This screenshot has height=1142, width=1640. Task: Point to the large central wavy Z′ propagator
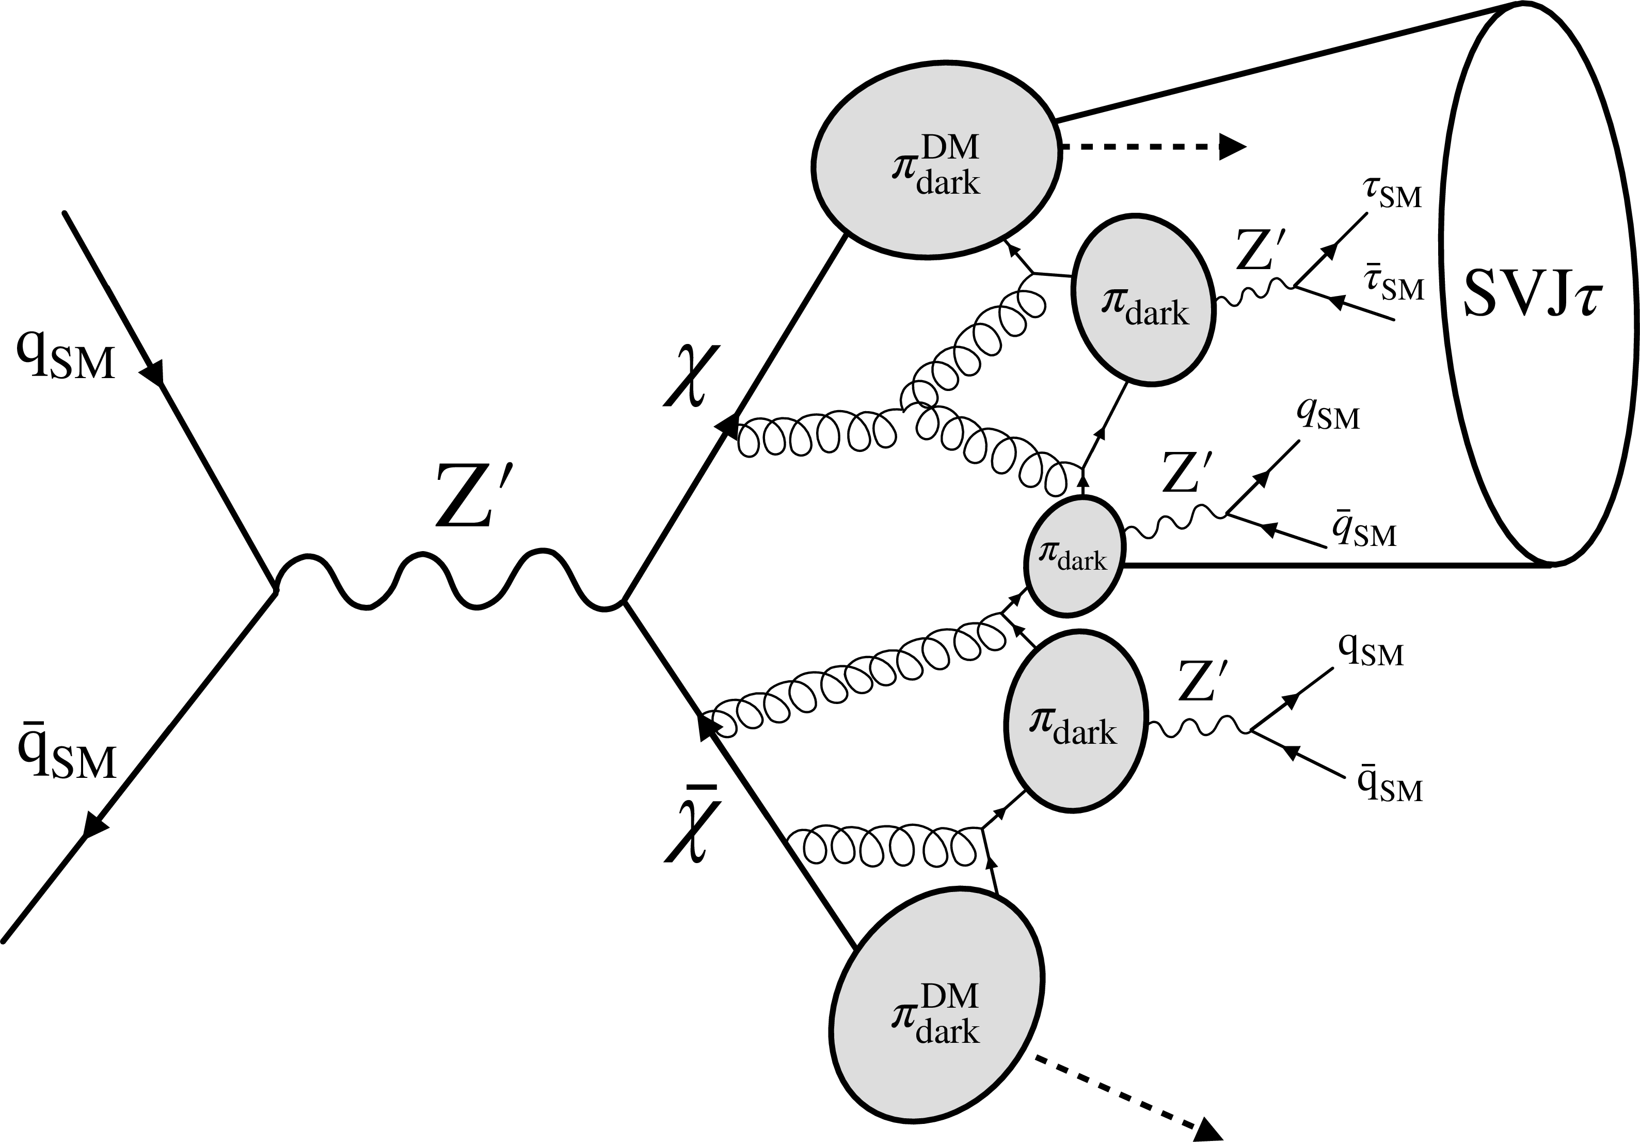pos(450,580)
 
